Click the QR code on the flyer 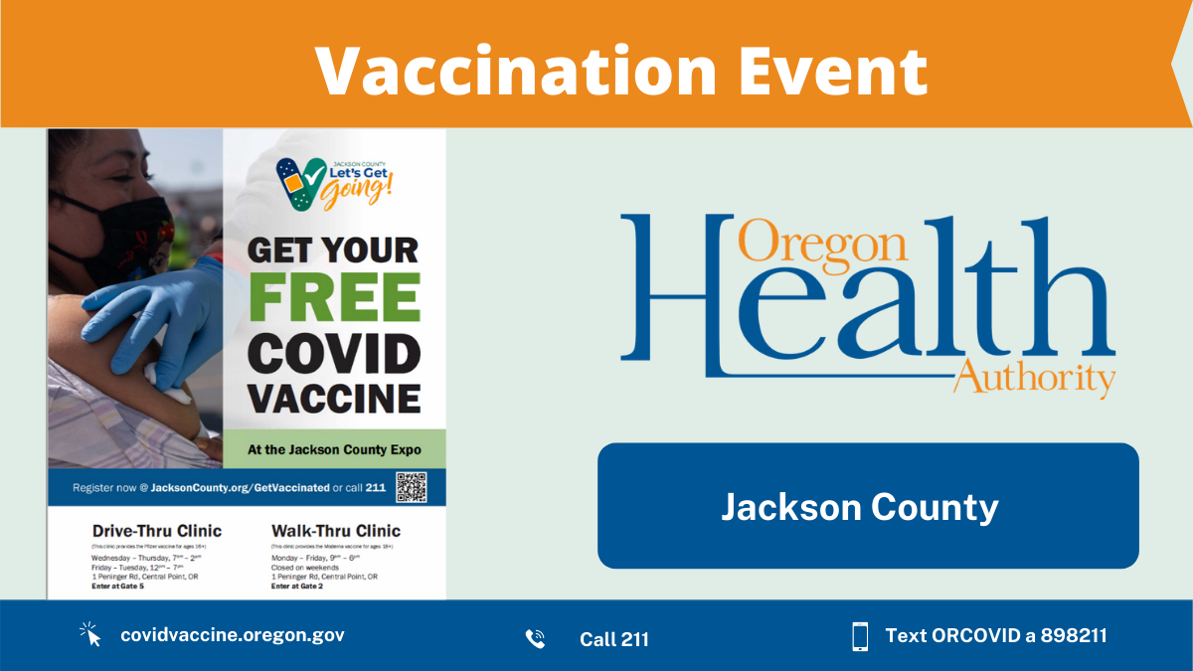pos(411,487)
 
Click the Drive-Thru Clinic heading pos(156,530)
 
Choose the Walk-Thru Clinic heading pos(335,530)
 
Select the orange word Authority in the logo pos(1034,379)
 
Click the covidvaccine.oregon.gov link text pos(232,635)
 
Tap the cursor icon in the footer pos(91,634)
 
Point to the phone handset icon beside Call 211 pos(535,638)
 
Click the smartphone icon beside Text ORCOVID pos(860,636)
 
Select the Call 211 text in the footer pos(613,639)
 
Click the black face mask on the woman pos(136,230)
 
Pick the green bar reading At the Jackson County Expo pos(334,450)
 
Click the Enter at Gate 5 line pos(118,587)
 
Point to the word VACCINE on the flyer pos(334,398)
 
